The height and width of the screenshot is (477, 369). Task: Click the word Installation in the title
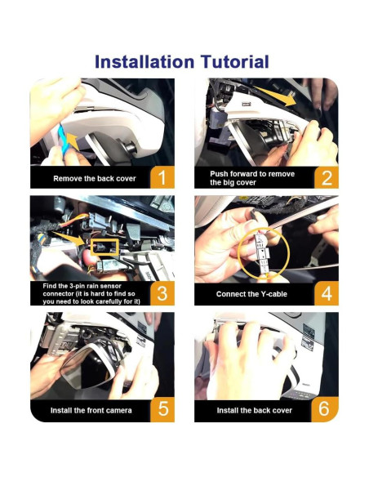coord(144,62)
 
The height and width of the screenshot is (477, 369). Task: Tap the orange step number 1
coord(162,177)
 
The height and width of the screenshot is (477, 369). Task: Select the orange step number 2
coord(327,177)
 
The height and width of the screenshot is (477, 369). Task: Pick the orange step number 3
coord(162,293)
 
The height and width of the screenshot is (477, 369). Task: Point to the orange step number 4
coord(327,293)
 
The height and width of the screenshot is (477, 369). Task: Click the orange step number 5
coord(163,409)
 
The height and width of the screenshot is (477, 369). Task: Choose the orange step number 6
coord(324,409)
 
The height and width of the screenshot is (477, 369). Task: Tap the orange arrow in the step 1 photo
coord(73,140)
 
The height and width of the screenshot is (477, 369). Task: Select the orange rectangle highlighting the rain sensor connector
coord(104,247)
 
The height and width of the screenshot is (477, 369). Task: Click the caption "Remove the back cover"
coord(95,179)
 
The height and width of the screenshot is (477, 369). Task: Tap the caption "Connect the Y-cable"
coord(251,294)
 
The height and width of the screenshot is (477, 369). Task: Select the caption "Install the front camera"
coord(91,410)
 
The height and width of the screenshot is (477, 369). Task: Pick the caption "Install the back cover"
coord(255,410)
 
